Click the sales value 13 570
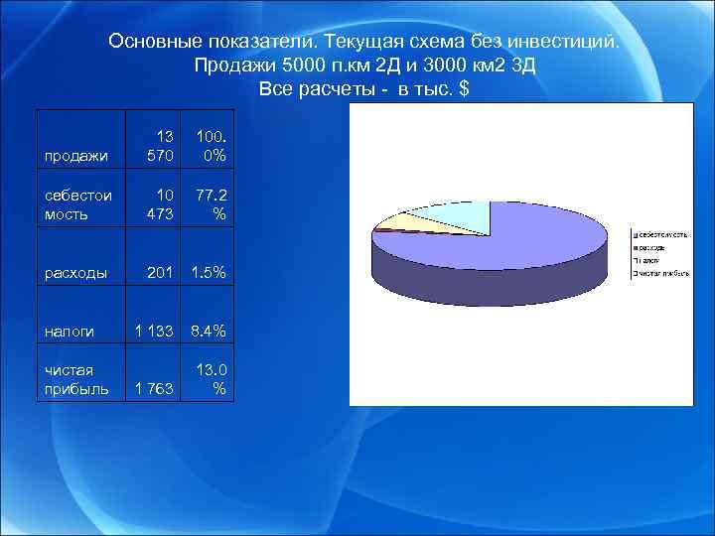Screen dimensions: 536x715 (x=158, y=146)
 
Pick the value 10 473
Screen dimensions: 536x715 (x=158, y=204)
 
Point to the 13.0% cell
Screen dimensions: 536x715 (x=213, y=378)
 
